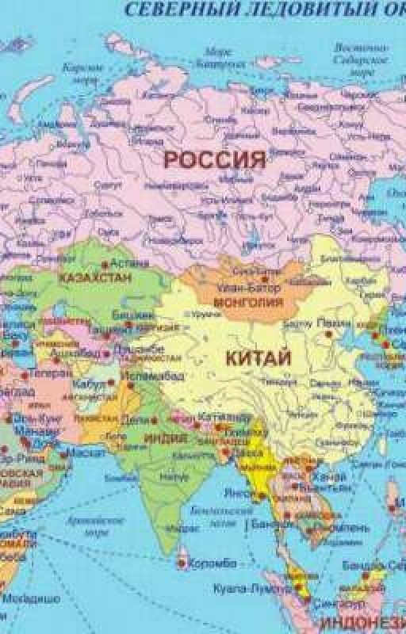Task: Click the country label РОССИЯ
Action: click(213, 159)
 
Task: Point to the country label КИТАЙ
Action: click(259, 357)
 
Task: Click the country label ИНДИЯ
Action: click(166, 437)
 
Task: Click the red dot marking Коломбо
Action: click(184, 564)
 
